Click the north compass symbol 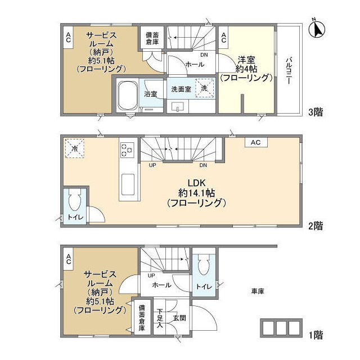coord(317,29)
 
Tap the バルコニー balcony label coord(289,71)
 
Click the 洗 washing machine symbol coord(205,88)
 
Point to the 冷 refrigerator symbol coord(75,148)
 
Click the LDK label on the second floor coord(196,183)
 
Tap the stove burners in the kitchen coord(127,150)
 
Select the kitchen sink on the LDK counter coord(128,184)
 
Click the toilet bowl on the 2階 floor coord(75,200)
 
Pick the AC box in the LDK coord(256,142)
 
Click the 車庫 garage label coord(258,291)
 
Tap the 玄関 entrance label coord(179,318)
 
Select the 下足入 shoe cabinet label coord(160,318)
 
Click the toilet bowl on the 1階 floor coord(204,264)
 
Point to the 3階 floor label coord(316,112)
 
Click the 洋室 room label coord(246,60)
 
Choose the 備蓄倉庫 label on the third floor coord(152,38)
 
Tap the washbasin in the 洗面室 coord(178,107)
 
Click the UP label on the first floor coord(151,276)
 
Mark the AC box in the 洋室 coord(224,38)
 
